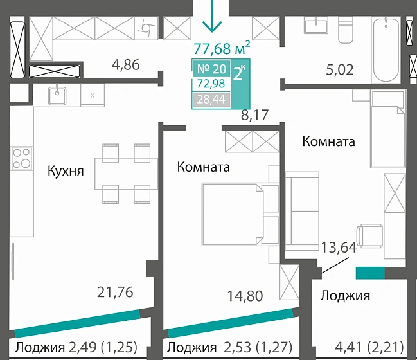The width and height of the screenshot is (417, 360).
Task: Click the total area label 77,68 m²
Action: point(222,47)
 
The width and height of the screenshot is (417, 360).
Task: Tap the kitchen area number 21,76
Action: point(116,292)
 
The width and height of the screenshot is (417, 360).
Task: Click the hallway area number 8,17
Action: point(254,116)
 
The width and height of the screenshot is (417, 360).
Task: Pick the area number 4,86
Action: point(126,64)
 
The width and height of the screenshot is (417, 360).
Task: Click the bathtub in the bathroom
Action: point(386,50)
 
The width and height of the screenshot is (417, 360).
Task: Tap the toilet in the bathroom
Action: point(346,30)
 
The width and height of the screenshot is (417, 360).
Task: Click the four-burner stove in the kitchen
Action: point(21,158)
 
